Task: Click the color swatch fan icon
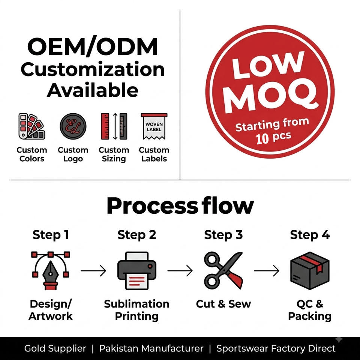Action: pos(31,126)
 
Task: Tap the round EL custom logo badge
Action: pos(73,126)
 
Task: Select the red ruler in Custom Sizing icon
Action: pos(105,126)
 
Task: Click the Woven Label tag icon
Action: pos(154,126)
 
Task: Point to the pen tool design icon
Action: pos(51,271)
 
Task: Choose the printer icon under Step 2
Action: pos(137,271)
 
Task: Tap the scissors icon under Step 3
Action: pos(223,271)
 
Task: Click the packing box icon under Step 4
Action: pos(310,271)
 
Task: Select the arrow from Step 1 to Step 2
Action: pos(93,271)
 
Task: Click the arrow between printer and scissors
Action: pos(180,271)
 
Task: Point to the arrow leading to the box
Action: pos(267,271)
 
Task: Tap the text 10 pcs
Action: pos(274,138)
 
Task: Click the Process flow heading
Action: pos(180,206)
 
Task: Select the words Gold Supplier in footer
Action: pos(55,348)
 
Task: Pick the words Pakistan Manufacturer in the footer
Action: pos(151,348)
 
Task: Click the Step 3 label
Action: pos(223,235)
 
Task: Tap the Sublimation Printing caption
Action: pos(137,310)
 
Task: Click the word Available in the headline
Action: pos(93,90)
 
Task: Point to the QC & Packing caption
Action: pos(310,310)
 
